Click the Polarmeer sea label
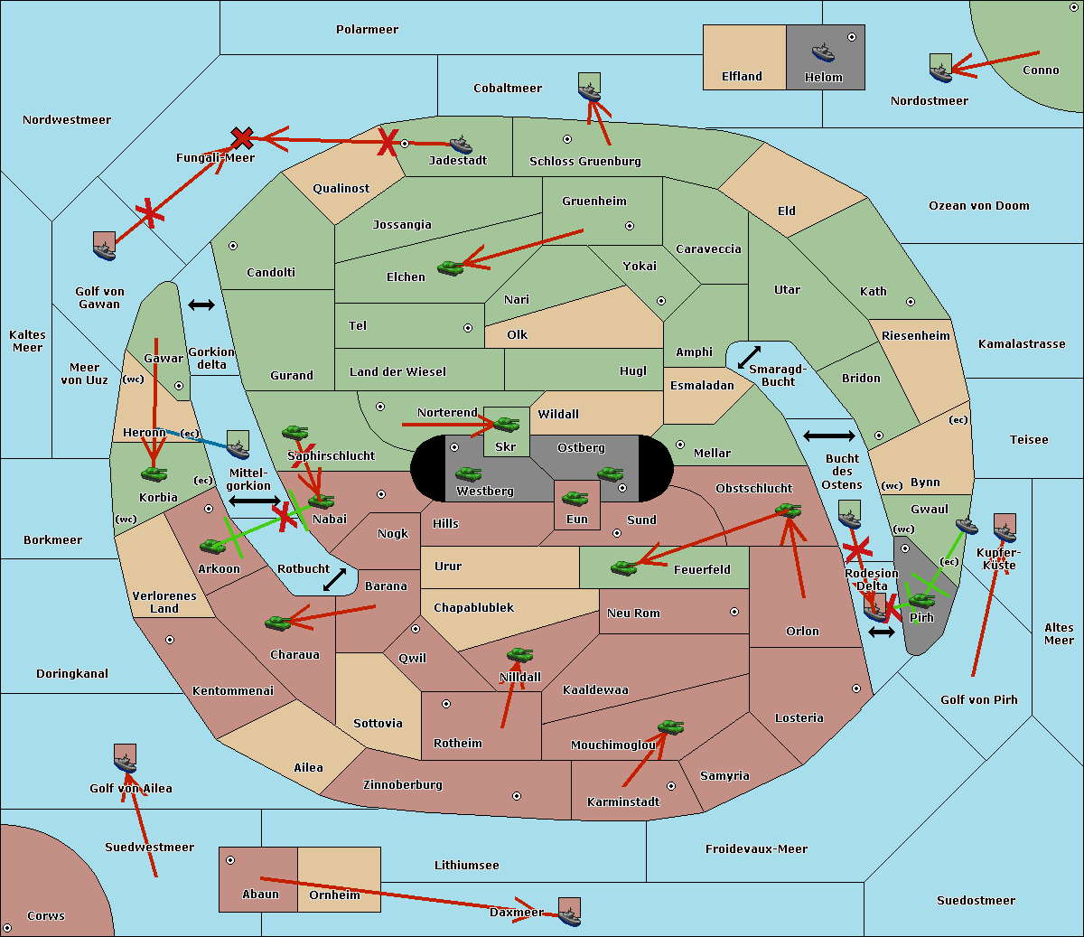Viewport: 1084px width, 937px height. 367,30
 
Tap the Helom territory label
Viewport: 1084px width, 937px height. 823,78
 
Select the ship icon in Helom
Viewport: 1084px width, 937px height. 823,52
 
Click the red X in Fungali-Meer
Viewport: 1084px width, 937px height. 242,138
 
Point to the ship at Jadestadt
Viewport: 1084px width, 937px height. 461,145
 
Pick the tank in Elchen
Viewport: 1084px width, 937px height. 450,267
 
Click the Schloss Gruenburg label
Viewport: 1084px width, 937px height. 584,162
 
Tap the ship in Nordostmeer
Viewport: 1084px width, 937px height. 940,69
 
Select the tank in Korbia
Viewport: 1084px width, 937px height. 154,473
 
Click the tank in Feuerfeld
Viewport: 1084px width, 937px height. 623,567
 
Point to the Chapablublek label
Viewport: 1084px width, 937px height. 473,608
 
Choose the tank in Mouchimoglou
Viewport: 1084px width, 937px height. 670,726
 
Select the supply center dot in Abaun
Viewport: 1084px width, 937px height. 230,860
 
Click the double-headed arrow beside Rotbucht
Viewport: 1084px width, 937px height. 334,579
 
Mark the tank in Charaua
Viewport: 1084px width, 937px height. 277,622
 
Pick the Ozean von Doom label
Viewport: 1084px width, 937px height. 978,206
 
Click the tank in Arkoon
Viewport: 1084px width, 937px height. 213,546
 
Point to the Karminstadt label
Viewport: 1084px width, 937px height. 622,802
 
